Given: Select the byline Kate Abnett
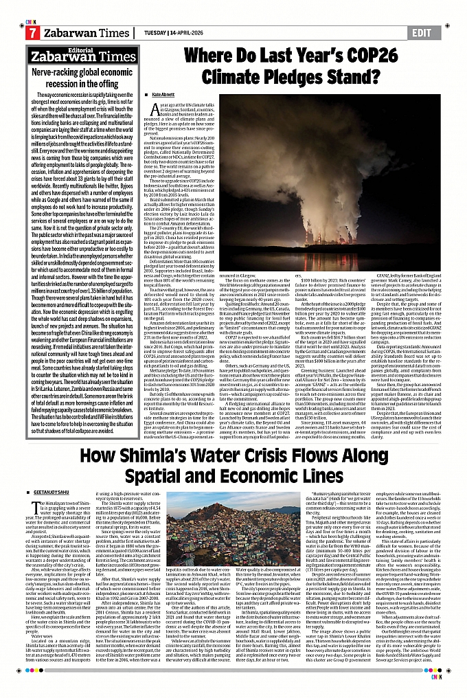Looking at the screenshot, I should pyautogui.click(x=164, y=93).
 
